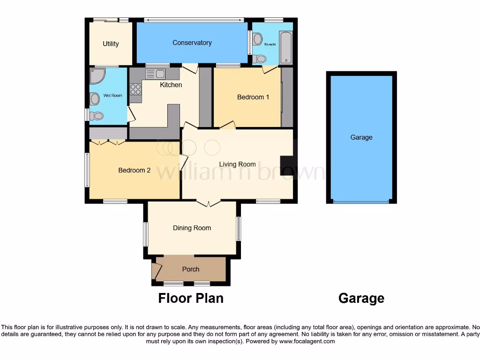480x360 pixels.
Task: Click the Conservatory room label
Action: click(x=192, y=43)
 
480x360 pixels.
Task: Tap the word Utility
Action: click(x=111, y=44)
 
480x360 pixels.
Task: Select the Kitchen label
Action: click(x=171, y=85)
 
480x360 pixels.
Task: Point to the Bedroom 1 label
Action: click(x=253, y=97)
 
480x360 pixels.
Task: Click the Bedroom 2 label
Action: click(x=134, y=170)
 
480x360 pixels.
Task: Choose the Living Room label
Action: click(x=237, y=164)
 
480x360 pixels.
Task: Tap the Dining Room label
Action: click(x=192, y=228)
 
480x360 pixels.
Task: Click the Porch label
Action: click(x=190, y=269)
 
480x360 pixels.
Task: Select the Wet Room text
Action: click(x=112, y=96)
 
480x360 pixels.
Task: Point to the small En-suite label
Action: click(x=270, y=45)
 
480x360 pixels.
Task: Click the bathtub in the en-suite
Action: click(x=285, y=48)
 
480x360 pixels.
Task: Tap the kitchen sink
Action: click(x=155, y=74)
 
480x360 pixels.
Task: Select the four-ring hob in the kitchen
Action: click(x=135, y=89)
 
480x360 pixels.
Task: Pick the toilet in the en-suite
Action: click(x=259, y=59)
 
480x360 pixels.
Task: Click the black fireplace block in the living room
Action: click(x=286, y=165)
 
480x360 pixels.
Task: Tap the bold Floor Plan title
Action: click(x=190, y=298)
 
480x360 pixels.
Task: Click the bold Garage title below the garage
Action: click(x=361, y=298)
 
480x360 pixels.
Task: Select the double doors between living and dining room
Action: click(x=208, y=203)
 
